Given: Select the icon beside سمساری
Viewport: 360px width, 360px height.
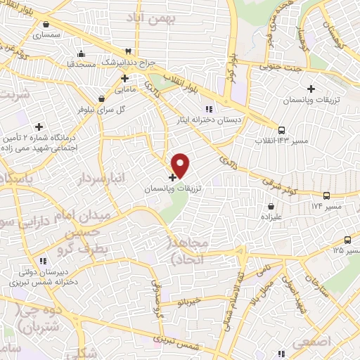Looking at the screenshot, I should [x=36, y=32].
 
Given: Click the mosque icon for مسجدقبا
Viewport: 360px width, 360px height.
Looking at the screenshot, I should [x=82, y=53].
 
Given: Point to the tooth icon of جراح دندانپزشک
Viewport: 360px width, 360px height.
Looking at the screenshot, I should [x=128, y=51].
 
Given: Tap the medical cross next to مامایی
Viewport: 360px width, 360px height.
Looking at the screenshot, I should [x=124, y=77].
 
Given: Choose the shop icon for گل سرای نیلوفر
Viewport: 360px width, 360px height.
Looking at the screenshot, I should [x=103, y=98].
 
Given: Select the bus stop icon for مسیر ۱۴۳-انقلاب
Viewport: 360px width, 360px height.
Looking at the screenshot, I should [x=281, y=129].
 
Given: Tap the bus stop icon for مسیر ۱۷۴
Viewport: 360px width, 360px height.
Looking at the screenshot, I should [x=326, y=195].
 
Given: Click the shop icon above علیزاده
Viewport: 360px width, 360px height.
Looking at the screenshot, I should [x=272, y=207].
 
